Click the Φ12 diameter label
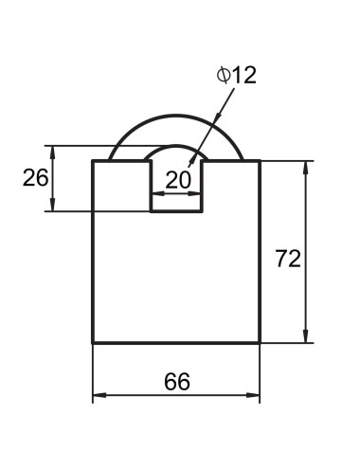(236, 76)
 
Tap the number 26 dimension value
(36, 177)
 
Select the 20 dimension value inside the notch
(178, 180)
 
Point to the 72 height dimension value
(288, 259)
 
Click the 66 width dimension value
(177, 382)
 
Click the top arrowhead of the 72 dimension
(305, 168)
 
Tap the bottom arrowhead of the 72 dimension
(305, 336)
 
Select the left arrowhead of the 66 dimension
(99, 395)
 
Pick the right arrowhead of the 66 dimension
(253, 395)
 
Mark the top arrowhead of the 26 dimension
(53, 153)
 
